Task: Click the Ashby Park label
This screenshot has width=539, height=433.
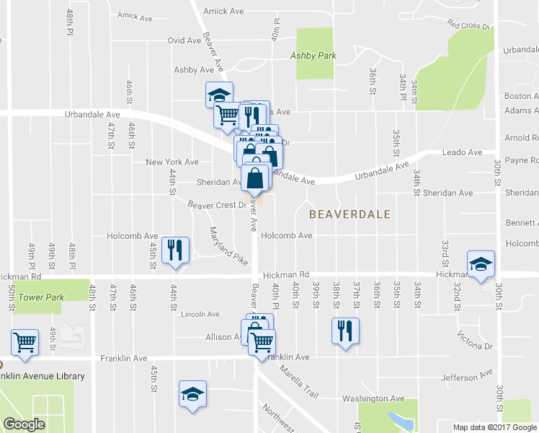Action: (313, 55)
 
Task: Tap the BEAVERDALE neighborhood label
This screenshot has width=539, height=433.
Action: (349, 214)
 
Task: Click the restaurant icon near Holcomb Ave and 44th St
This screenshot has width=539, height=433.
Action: (175, 250)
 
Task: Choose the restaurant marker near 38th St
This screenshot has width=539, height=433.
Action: (345, 331)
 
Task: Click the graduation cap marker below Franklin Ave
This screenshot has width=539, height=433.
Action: (192, 393)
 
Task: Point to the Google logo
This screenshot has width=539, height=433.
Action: (24, 424)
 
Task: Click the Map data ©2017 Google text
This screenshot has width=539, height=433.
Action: (494, 427)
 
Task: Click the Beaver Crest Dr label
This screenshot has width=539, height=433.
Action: (217, 205)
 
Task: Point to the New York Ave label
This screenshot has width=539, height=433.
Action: (172, 162)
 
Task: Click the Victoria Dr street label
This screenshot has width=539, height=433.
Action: (475, 341)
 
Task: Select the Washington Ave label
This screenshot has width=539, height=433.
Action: (373, 398)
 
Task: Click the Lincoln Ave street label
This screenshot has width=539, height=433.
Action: (200, 315)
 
